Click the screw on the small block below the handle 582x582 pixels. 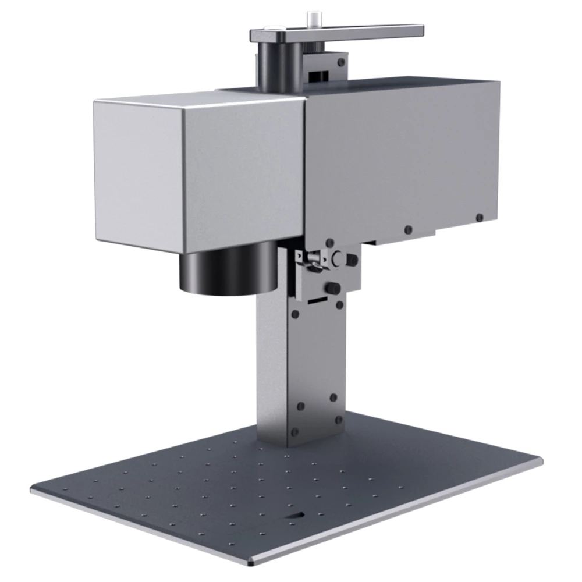340,61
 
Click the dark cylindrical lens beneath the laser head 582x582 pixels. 228,269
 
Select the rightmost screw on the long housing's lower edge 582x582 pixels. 479,218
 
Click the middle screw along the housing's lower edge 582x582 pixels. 408,229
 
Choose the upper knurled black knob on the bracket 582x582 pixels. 352,260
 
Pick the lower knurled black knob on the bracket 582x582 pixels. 333,288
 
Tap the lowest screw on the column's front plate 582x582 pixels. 294,432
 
